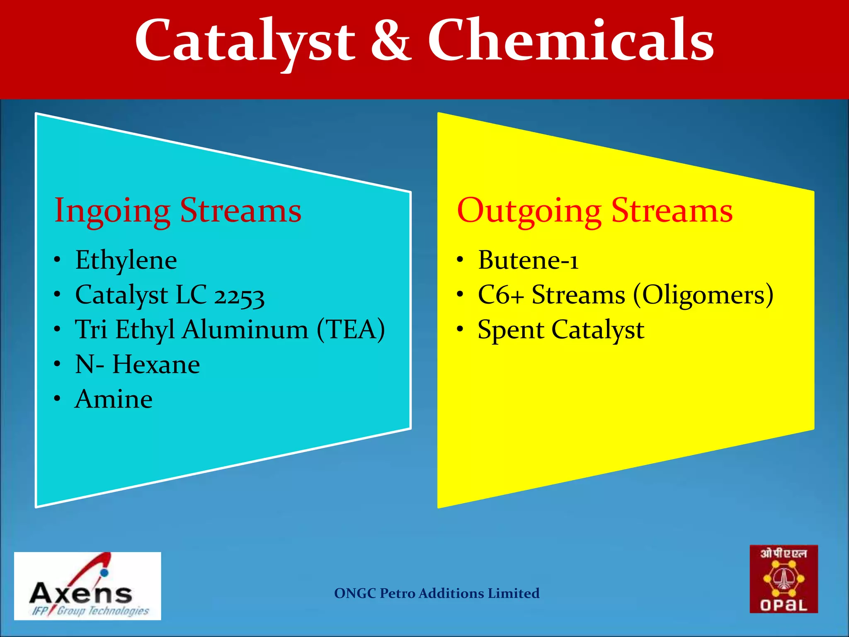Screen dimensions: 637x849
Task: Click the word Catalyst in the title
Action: [x=245, y=41]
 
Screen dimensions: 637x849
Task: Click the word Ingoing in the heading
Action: [x=112, y=211]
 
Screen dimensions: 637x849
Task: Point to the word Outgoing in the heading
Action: [x=529, y=211]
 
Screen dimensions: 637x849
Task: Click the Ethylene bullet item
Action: [x=126, y=260]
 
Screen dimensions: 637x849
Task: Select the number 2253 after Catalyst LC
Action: [x=239, y=296]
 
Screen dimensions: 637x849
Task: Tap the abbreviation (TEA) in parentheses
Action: [x=351, y=330]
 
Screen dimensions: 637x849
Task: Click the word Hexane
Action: [x=156, y=365]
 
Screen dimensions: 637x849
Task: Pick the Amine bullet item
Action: [x=114, y=399]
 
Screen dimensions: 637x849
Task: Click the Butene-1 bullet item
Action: [x=528, y=260]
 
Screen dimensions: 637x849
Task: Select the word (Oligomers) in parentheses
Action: [x=703, y=295]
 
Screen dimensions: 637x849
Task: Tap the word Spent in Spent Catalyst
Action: [x=511, y=331]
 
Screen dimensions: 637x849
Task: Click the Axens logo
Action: [x=87, y=586]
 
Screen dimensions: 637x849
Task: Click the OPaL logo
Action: [x=784, y=579]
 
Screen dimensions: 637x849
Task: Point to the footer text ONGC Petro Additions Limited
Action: [x=437, y=593]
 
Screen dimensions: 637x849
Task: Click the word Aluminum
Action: [x=245, y=330]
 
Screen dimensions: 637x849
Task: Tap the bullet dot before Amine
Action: [x=57, y=399]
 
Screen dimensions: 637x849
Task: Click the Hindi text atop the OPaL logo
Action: [x=784, y=554]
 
